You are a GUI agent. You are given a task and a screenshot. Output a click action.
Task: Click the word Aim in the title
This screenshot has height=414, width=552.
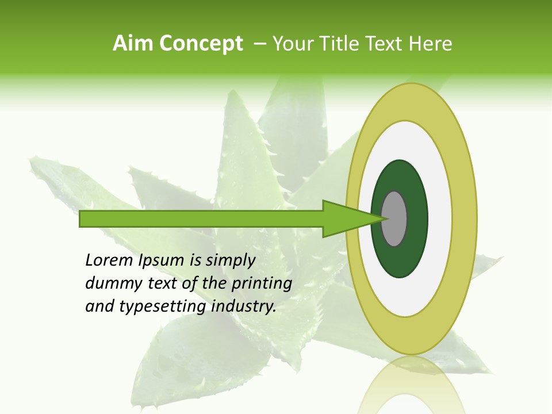[x=134, y=44]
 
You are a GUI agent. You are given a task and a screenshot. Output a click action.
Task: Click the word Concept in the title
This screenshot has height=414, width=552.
[x=201, y=44]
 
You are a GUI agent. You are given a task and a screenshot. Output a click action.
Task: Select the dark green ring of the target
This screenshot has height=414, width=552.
[x=400, y=178]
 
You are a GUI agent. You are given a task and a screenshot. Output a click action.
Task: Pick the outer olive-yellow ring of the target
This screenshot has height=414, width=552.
[x=411, y=101]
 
